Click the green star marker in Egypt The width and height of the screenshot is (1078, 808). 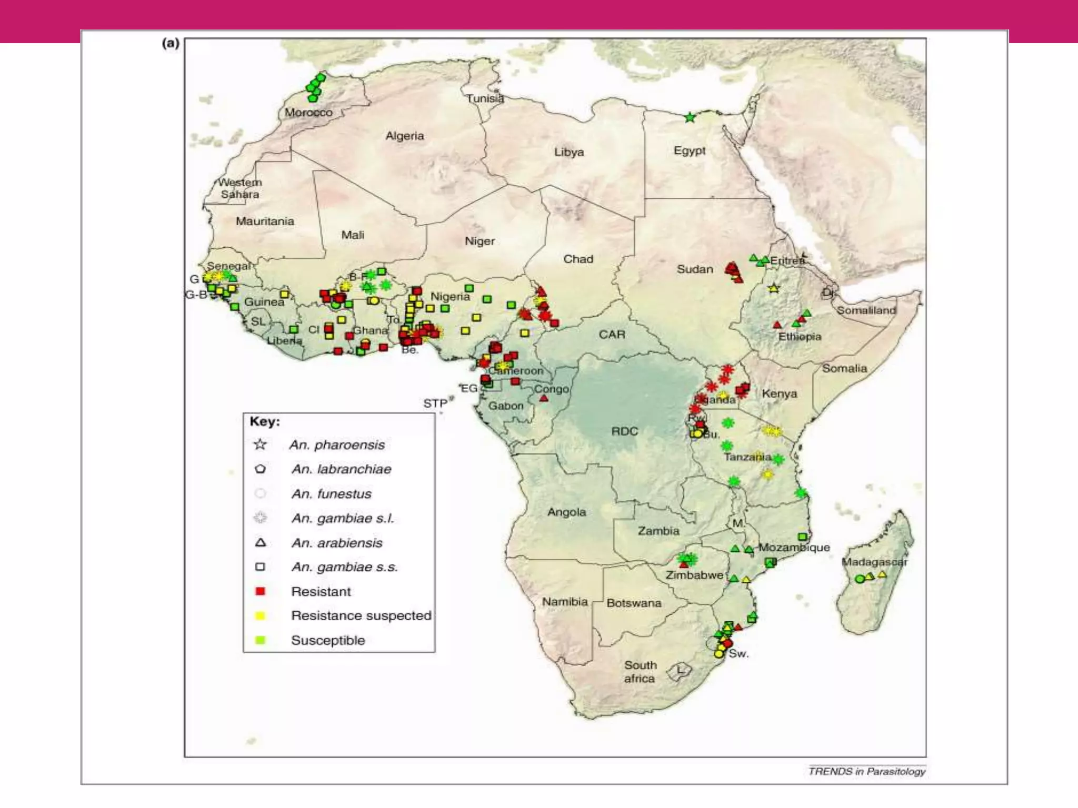[690, 118]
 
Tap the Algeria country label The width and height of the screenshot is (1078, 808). [404, 136]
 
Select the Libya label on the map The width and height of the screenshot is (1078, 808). [568, 153]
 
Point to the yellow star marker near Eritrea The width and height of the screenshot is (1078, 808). [773, 288]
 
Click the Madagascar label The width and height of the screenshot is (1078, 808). [874, 562]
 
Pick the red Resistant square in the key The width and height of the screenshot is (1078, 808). [260, 591]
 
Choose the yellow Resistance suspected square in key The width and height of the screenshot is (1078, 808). [260, 615]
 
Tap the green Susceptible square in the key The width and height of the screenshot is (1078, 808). [260, 640]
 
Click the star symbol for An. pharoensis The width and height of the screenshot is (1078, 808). [260, 445]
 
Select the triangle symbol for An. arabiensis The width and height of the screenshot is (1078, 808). [260, 542]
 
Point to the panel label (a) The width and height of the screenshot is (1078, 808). [171, 43]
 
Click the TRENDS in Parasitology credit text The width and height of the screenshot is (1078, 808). [866, 771]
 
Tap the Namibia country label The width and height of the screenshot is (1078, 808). [565, 601]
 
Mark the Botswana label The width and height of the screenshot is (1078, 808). [634, 603]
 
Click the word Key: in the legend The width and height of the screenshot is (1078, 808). [265, 421]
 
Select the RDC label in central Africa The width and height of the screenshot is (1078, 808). [624, 431]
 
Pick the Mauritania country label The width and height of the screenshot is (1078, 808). [265, 221]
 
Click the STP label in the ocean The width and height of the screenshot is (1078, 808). [435, 403]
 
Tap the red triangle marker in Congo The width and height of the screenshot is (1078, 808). [544, 398]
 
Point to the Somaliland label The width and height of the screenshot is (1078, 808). [866, 310]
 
